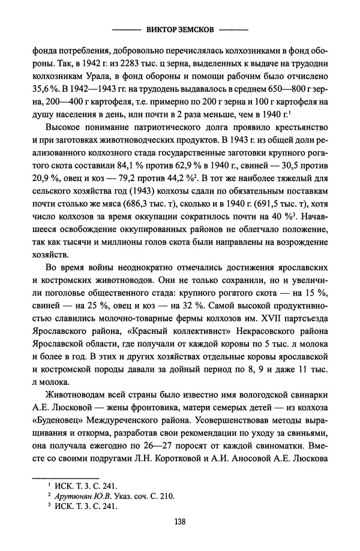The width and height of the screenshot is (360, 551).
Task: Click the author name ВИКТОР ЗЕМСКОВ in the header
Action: (x=179, y=28)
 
